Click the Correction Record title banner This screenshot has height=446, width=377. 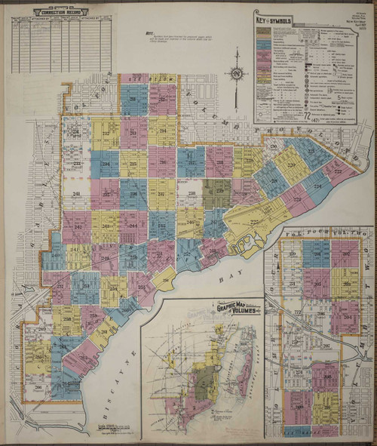(x=61, y=11)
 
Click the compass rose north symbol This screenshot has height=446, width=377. (x=238, y=74)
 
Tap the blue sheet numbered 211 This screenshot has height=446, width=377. (x=133, y=100)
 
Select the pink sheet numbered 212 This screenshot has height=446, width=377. (x=161, y=100)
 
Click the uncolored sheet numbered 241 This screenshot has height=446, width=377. (x=76, y=194)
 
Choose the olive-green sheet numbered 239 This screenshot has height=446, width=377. (x=218, y=193)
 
